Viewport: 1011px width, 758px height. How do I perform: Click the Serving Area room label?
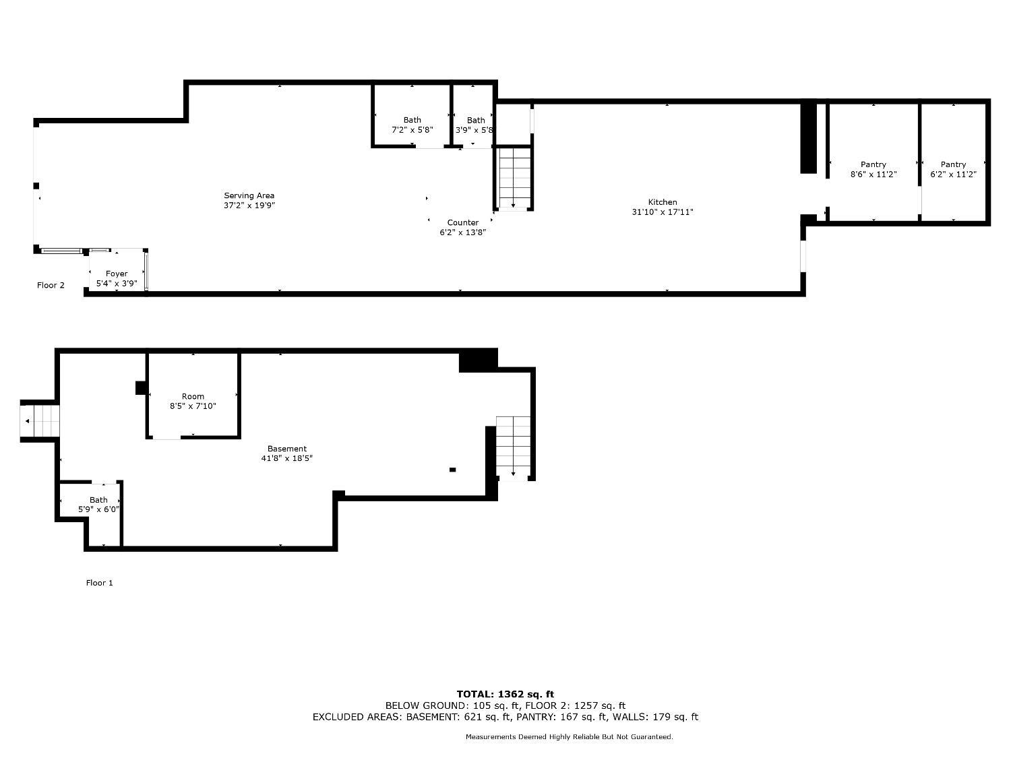point(249,195)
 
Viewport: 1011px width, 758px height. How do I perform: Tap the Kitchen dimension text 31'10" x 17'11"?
point(663,212)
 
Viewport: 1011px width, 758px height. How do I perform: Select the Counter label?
point(463,223)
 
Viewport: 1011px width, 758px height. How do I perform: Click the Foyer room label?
point(117,274)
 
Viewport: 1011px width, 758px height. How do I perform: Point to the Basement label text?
point(287,449)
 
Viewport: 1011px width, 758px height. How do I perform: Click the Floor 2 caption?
point(51,285)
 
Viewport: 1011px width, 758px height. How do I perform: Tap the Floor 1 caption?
point(100,583)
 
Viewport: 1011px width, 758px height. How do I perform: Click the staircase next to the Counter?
point(514,178)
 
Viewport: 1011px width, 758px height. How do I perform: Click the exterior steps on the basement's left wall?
point(40,421)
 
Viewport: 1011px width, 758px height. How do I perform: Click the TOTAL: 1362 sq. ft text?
point(506,694)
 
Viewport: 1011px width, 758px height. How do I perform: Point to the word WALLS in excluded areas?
point(638,717)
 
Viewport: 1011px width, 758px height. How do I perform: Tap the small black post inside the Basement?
point(453,470)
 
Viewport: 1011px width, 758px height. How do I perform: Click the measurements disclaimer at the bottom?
point(570,737)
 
